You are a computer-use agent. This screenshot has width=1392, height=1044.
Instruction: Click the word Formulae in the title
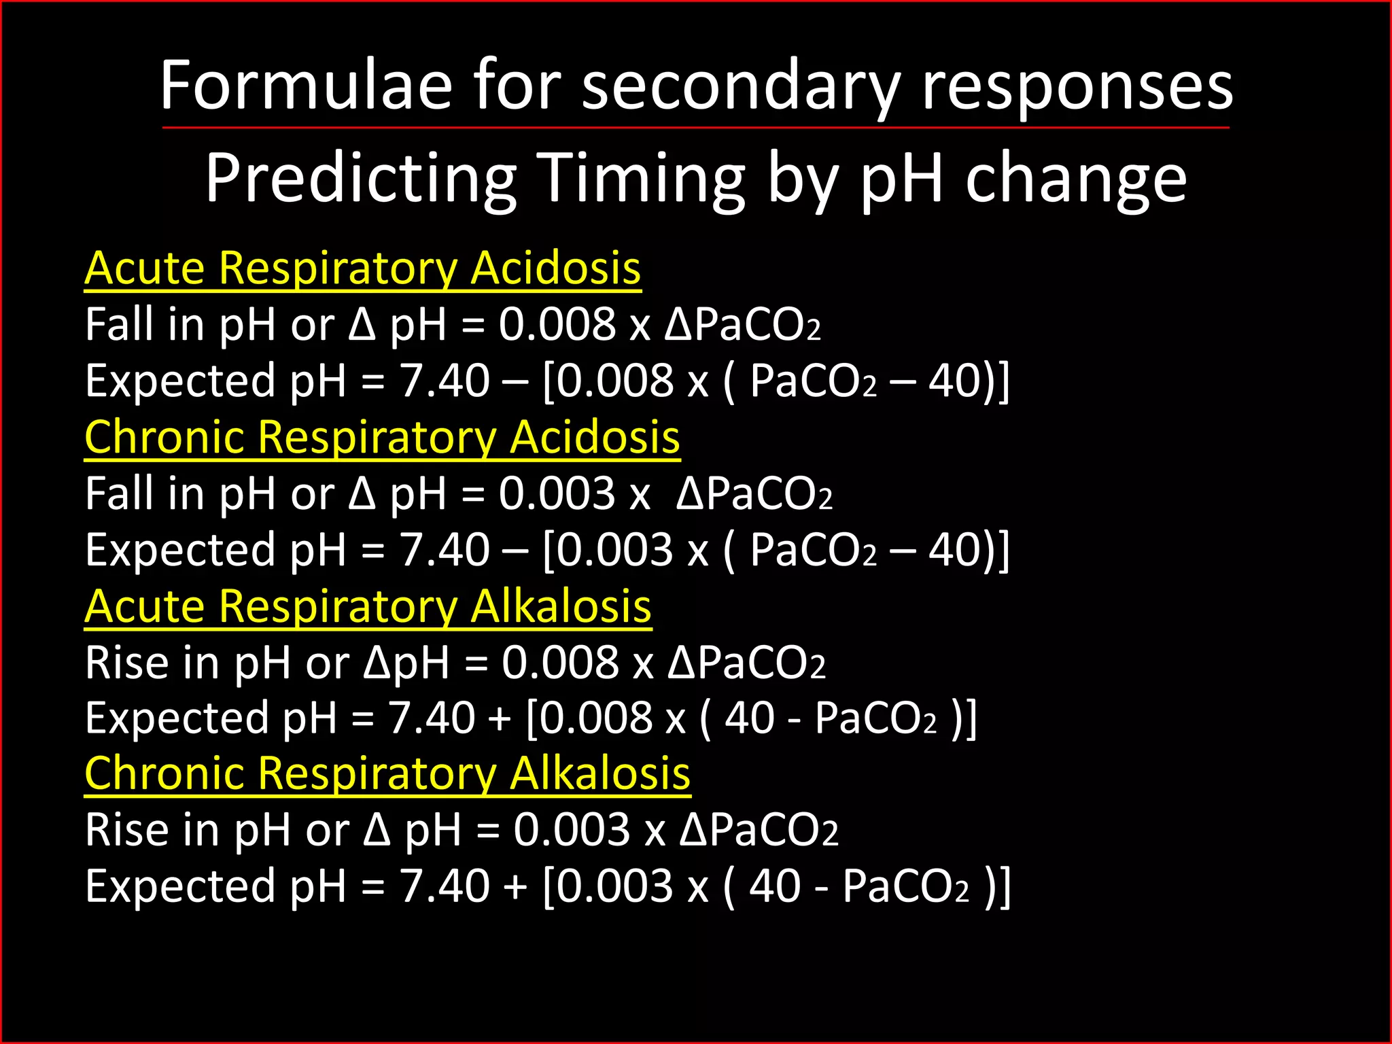(x=306, y=86)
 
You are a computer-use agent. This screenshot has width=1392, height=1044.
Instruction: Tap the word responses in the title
(x=1077, y=86)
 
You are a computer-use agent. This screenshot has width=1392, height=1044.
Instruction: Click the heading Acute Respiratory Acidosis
(x=362, y=268)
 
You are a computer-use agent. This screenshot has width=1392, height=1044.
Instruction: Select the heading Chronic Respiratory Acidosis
(x=382, y=437)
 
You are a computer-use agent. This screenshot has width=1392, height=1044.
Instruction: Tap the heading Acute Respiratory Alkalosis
(x=368, y=606)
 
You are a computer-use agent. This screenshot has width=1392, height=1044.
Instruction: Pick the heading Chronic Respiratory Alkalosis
(x=387, y=774)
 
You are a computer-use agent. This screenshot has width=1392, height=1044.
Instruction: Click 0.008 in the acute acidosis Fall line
(x=557, y=324)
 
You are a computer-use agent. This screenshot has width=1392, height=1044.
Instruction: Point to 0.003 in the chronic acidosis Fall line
(x=557, y=493)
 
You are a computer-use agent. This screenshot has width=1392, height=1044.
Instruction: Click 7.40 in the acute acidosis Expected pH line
(x=444, y=381)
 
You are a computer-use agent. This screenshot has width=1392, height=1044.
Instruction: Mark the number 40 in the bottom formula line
(x=774, y=887)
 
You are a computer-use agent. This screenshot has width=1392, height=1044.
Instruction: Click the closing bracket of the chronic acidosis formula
(x=1003, y=550)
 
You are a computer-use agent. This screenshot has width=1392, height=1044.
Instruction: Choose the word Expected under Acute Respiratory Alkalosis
(x=177, y=718)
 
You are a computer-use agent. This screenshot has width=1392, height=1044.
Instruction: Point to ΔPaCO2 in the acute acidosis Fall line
(x=742, y=324)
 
